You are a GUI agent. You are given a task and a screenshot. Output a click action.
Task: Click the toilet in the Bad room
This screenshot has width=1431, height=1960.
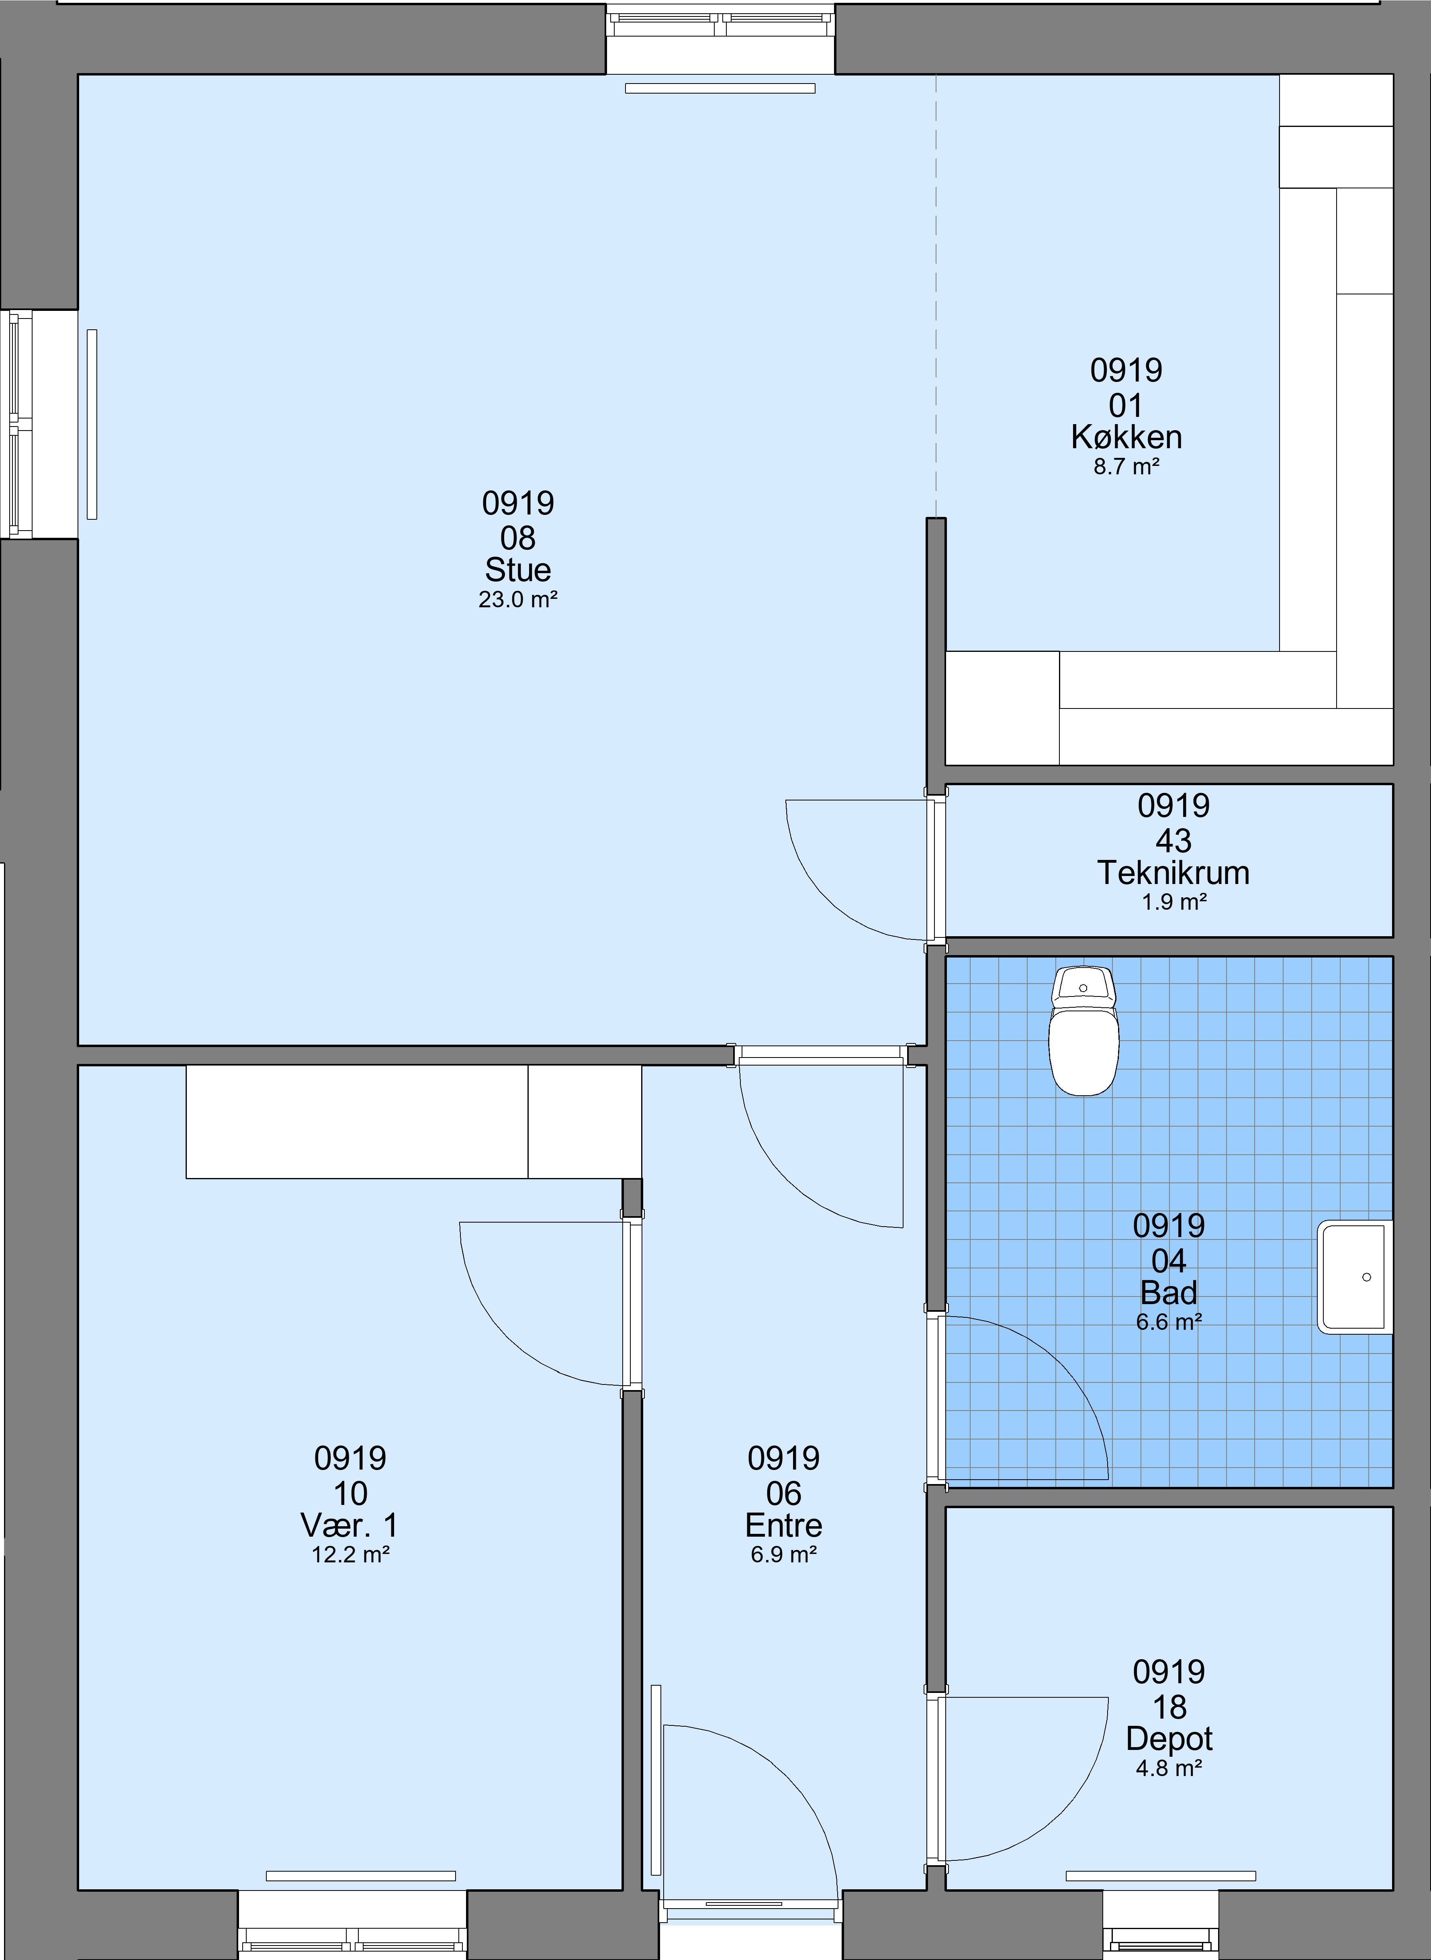(x=1083, y=1031)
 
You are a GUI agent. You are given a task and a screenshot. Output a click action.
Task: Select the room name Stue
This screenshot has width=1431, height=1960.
(x=518, y=570)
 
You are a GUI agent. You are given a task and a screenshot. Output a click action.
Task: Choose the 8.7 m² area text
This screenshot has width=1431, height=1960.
(x=1126, y=467)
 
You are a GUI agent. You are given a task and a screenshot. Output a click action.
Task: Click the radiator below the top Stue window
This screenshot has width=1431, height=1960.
(x=720, y=88)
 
